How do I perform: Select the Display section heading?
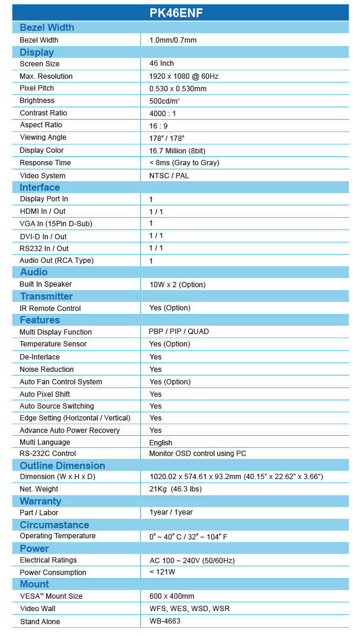coord(37,52)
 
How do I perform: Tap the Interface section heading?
coord(40,187)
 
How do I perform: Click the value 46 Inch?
coord(162,63)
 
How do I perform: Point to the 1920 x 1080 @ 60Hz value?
coord(184,76)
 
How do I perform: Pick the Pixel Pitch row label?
coord(37,88)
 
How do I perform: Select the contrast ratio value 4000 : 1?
coord(163,113)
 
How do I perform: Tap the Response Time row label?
coord(45,163)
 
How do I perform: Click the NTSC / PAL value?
coord(169,175)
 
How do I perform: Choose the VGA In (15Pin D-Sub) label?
coord(56,223)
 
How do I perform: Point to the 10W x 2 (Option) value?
coord(178,284)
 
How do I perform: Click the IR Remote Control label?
coord(50,308)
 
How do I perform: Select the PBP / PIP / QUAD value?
coord(179,332)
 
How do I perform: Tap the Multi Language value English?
coord(161,442)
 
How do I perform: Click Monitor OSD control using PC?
coord(198,454)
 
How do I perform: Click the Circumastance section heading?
coord(54,525)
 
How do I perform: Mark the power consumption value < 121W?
coord(162,572)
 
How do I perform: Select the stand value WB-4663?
coord(165,621)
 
